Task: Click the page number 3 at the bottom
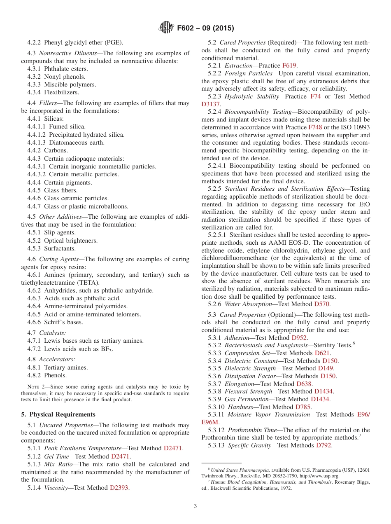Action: coord(195,506)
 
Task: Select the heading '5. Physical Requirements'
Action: coord(58,414)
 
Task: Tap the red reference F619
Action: coord(289,65)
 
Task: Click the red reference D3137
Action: coord(210,104)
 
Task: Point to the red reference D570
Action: coord(322,304)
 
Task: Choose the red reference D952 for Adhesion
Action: coord(299,337)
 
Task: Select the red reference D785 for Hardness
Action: coord(303,407)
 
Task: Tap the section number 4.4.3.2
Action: coord(37,174)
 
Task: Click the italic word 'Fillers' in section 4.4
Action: coord(48,103)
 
